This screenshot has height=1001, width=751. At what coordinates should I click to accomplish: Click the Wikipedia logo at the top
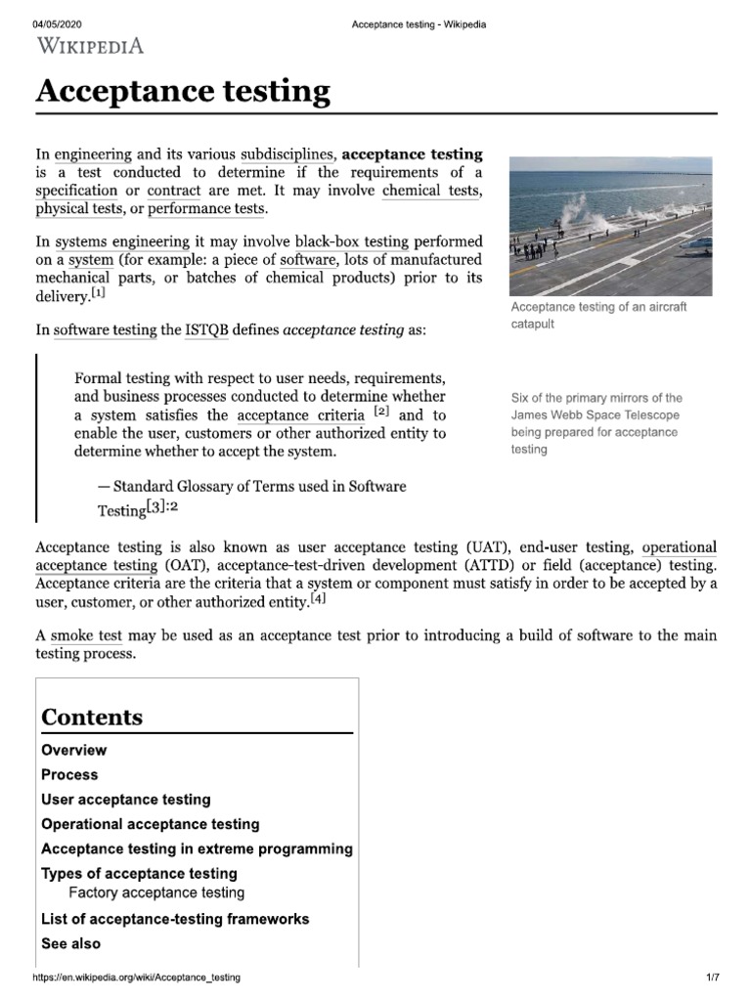click(90, 45)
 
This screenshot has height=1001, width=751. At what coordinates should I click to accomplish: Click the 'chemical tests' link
click(431, 191)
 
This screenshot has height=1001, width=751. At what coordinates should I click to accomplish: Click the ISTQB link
click(207, 330)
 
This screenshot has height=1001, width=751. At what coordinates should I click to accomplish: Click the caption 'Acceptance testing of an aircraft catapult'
click(598, 315)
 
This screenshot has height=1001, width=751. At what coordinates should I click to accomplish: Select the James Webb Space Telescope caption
click(596, 423)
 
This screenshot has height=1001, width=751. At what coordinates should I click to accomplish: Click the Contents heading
click(92, 717)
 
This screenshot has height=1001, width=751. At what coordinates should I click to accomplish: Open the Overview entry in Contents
click(74, 751)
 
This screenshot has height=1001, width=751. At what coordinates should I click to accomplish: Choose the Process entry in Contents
click(69, 775)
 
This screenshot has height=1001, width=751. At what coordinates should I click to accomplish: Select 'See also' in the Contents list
click(70, 943)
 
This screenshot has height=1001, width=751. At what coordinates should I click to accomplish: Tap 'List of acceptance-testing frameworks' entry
click(175, 919)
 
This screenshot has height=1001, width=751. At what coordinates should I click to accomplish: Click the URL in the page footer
click(136, 978)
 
